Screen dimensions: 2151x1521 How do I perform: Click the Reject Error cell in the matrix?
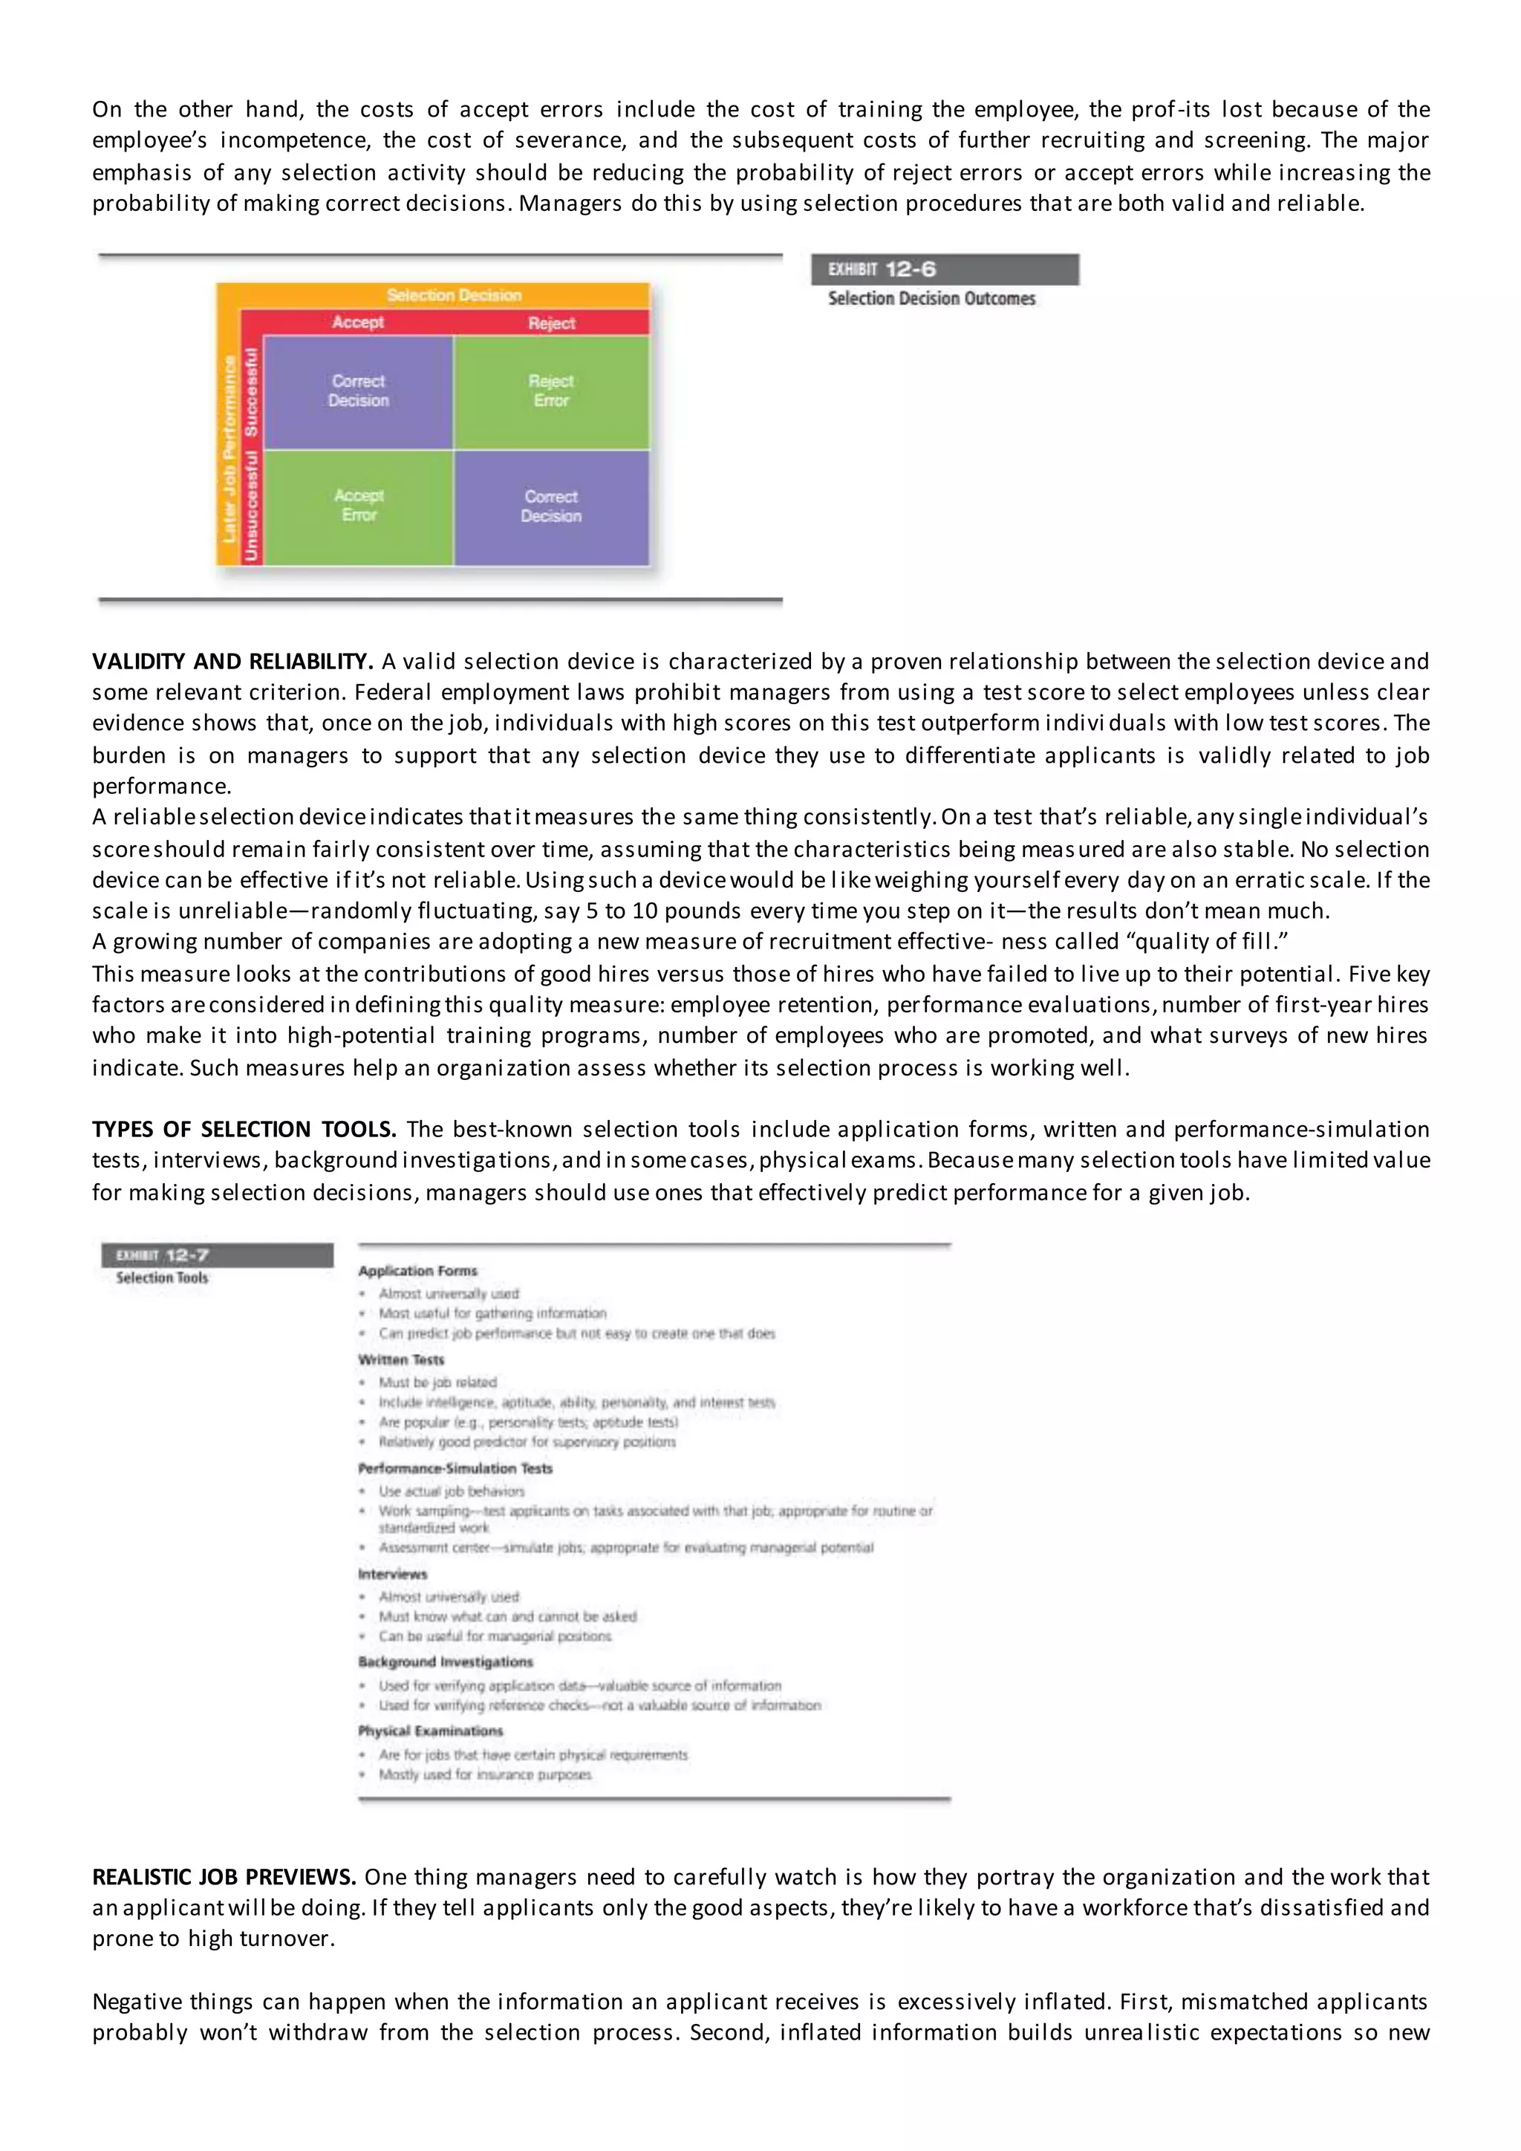551,391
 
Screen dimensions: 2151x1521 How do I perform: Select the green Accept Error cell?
359,506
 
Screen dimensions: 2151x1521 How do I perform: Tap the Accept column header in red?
358,322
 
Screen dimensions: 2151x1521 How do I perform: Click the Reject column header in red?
551,323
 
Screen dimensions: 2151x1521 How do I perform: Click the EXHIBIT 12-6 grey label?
944,270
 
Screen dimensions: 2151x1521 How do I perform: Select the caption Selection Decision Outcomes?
931,299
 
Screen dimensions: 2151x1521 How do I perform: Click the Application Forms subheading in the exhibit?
417,1272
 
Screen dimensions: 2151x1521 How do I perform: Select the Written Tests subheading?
401,1359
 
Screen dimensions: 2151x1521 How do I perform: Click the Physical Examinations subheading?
430,1731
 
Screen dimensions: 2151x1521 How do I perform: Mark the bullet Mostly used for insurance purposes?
485,1774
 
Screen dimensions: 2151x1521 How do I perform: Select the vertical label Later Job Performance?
229,449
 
